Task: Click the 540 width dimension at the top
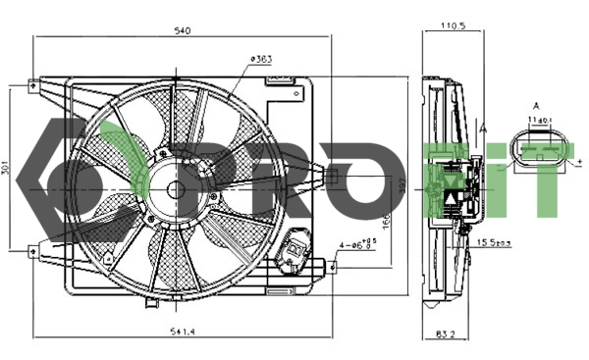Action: pyautogui.click(x=182, y=30)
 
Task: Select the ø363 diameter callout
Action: pyautogui.click(x=260, y=59)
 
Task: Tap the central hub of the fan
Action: pyautogui.click(x=176, y=190)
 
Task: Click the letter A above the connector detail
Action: pyautogui.click(x=536, y=105)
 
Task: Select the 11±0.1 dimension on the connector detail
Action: pyautogui.click(x=537, y=119)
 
